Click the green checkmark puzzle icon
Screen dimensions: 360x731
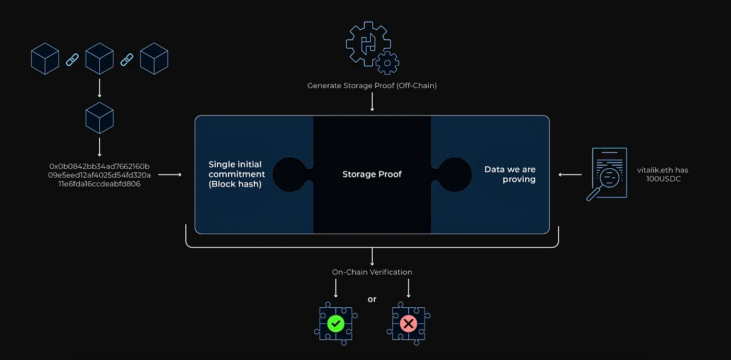[x=335, y=323]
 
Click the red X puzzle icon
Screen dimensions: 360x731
[x=408, y=323]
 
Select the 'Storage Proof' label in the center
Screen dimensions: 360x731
[x=372, y=174]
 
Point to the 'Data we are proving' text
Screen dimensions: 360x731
[x=510, y=174]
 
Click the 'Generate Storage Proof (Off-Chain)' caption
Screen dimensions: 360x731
[x=372, y=85]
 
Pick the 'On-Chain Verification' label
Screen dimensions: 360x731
[x=372, y=272]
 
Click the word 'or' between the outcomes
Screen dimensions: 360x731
[x=372, y=299]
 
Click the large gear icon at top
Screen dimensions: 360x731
[x=367, y=43]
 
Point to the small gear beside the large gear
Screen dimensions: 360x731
[x=387, y=63]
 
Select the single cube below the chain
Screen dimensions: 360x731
[x=99, y=118]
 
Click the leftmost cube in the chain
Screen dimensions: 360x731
[x=45, y=59]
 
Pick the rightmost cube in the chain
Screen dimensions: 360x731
[x=154, y=59]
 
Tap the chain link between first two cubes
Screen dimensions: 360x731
[x=72, y=60]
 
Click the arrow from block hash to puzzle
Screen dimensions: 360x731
[x=169, y=175]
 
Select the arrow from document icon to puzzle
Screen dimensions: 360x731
[x=570, y=175]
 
